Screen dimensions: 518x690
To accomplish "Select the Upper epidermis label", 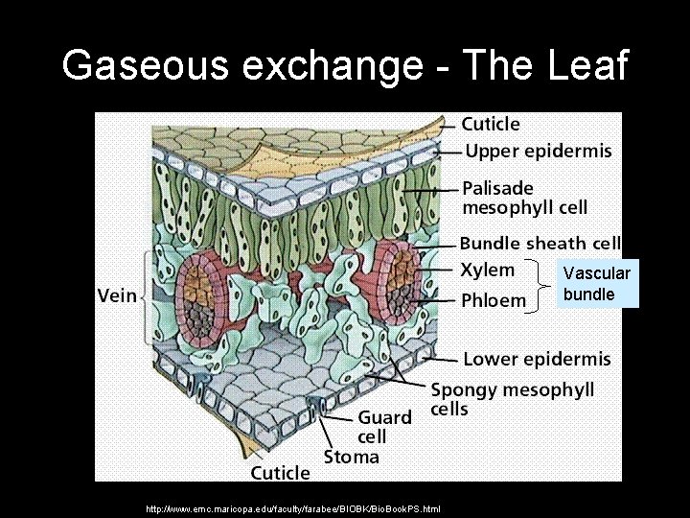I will (538, 151).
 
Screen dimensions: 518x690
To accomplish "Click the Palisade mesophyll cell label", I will (524, 197).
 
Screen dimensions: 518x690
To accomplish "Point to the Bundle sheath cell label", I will (540, 244).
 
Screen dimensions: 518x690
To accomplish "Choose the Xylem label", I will (488, 270).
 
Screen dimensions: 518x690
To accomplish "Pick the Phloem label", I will (494, 299).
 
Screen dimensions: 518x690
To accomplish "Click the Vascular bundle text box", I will (598, 284).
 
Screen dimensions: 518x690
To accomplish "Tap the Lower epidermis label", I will (537, 360).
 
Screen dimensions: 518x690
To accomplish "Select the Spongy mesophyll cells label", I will (512, 399).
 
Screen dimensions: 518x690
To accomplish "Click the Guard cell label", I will (384, 427).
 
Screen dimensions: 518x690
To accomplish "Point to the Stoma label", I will (351, 457).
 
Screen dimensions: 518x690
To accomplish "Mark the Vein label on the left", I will (118, 296).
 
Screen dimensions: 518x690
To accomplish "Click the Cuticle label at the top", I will (491, 124).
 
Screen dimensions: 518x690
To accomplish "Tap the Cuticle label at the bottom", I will (280, 472).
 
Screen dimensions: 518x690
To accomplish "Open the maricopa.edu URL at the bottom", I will (292, 508).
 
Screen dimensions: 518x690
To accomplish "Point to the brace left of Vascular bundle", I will (544, 284).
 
